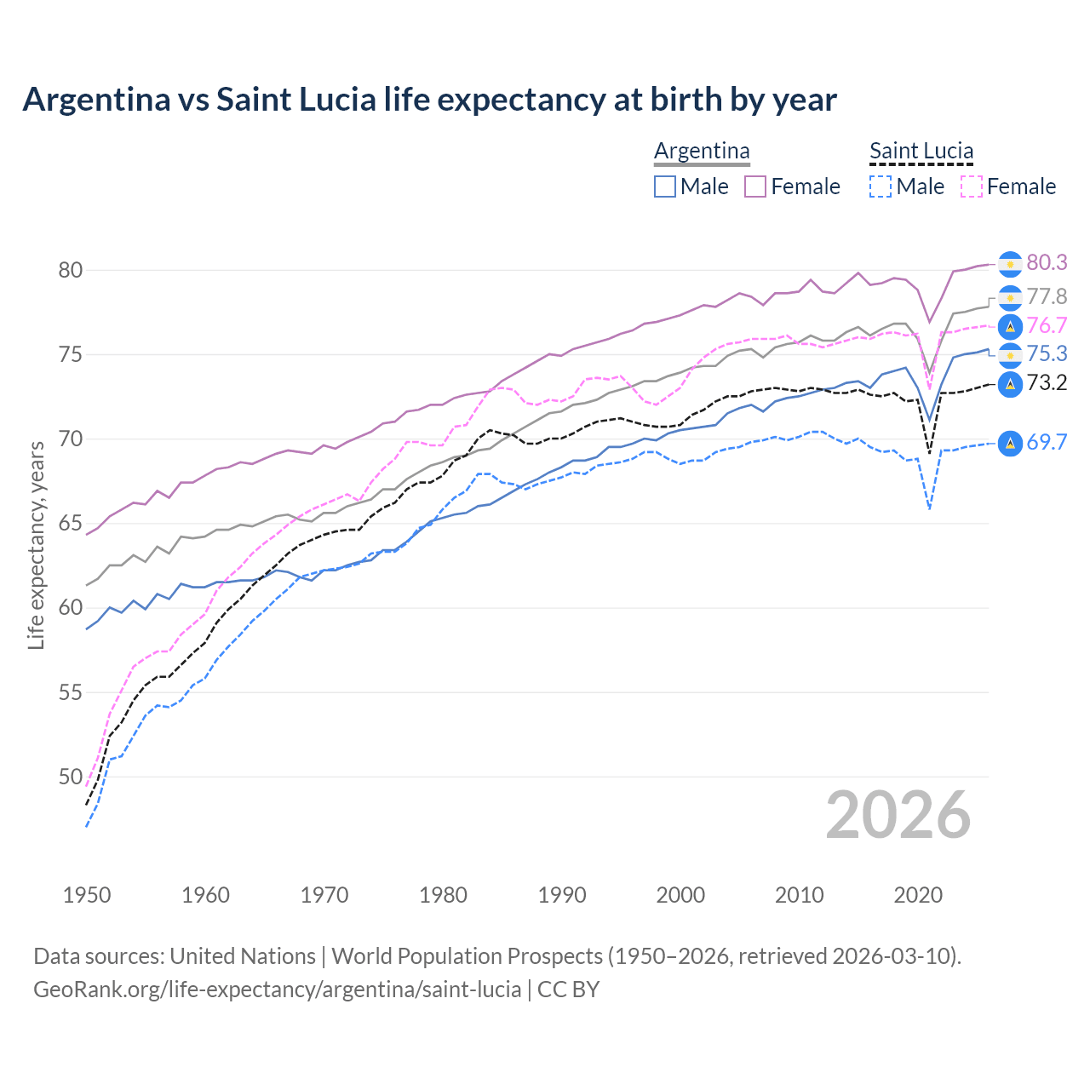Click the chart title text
[429, 100]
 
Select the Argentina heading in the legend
[702, 151]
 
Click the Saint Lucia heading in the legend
[921, 151]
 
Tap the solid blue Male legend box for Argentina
[665, 186]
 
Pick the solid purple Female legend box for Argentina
[755, 186]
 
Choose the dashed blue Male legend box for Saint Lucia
[881, 186]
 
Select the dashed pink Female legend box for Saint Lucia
[971, 186]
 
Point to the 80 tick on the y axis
[70, 271]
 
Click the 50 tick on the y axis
[70, 777]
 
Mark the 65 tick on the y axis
[70, 524]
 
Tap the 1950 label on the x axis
[87, 895]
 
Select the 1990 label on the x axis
[562, 895]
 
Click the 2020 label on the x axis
[918, 895]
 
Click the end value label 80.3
[1047, 263]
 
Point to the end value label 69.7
[1047, 442]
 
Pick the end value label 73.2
[1047, 383]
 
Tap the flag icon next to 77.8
[1010, 297]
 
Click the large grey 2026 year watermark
[898, 815]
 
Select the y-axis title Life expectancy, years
[36, 545]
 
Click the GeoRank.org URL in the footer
[277, 990]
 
